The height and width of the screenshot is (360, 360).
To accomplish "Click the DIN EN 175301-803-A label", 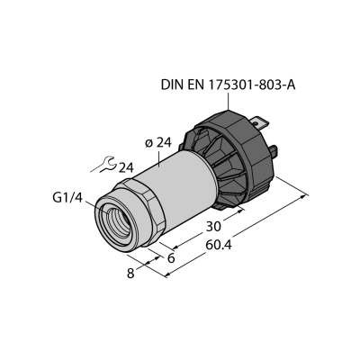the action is pos(229,85).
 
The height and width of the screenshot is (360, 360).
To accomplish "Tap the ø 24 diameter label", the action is pos(158,143).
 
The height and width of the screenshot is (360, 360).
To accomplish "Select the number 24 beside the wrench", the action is pos(126,168).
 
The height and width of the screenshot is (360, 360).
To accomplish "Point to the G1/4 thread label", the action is pos(67,198).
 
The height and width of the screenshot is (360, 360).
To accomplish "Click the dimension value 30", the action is pos(213,227).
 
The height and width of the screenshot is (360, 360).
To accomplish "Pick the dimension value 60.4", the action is pos(219,245).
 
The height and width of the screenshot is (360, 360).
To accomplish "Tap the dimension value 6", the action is pos(171,258).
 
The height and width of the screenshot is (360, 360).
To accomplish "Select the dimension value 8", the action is pos(130,274).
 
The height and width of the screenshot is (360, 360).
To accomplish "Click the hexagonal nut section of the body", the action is pos(141,210).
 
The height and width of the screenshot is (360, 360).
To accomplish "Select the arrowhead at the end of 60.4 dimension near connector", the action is pos(305,196).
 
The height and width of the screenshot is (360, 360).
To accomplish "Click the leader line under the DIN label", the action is pos(229,101).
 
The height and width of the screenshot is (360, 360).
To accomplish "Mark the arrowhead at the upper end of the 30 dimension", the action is pos(240,211).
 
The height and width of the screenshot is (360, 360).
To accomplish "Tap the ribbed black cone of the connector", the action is pos(218,168).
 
